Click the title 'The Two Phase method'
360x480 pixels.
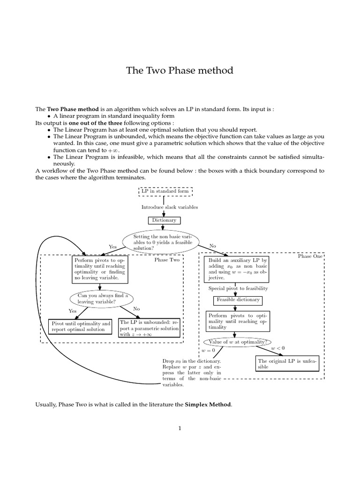click(180, 71)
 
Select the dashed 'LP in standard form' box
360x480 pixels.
click(166, 191)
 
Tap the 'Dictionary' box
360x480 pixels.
click(164, 220)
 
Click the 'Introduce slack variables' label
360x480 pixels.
click(170, 207)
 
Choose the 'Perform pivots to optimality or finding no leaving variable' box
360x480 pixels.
click(100, 269)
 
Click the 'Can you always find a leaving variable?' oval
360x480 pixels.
click(100, 299)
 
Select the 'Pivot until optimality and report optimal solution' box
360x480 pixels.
click(81, 326)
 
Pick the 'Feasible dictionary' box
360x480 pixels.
click(238, 300)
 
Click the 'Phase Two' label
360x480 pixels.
click(167, 260)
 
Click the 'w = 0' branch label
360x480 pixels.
click(208, 350)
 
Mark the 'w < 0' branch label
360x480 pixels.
click(277, 348)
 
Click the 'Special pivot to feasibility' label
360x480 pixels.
click(238, 289)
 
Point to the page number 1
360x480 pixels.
click(180, 427)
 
